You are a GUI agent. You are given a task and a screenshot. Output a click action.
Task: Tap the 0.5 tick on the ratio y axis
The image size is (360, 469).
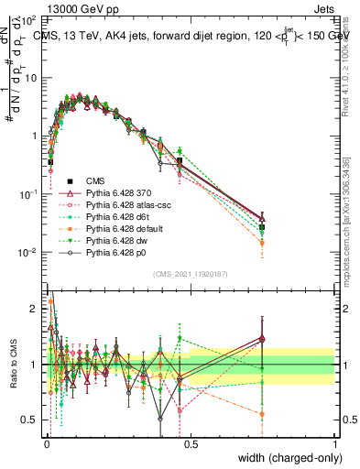[x=30, y=420]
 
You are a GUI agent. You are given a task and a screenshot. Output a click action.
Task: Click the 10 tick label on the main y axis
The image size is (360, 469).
[x=30, y=78]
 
